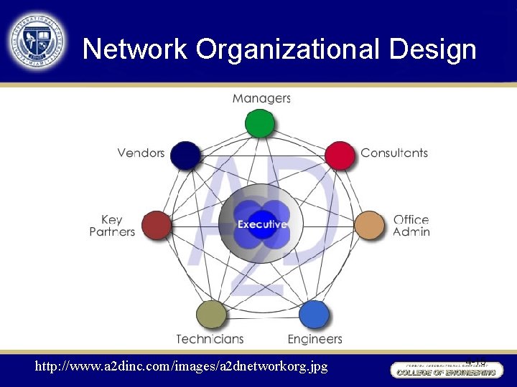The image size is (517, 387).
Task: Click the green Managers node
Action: pos(259,123)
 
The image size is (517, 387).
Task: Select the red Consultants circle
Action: pos(340,156)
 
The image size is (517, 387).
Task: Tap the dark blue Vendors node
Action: pos(185,156)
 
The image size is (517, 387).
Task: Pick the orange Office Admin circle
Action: pos(370,226)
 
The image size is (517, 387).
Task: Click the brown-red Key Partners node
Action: pos(157,226)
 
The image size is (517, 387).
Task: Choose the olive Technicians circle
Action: pos(210,315)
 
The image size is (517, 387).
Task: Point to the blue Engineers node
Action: pos(314,315)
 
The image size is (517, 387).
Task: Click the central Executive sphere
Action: pos(262,224)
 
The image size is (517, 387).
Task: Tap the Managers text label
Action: pos(261,98)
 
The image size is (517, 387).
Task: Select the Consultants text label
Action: pos(394,153)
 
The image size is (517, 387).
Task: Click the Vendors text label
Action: pos(141,153)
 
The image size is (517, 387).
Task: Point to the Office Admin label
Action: pos(411,226)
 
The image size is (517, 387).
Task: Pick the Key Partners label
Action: pos(112,226)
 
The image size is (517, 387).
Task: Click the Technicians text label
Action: pos(210,338)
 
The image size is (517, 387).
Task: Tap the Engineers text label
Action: pos(315,338)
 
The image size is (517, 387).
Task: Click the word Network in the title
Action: pos(134,49)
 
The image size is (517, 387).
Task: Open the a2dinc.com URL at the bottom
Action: pos(182,366)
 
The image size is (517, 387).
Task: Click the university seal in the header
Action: pos(36,41)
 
